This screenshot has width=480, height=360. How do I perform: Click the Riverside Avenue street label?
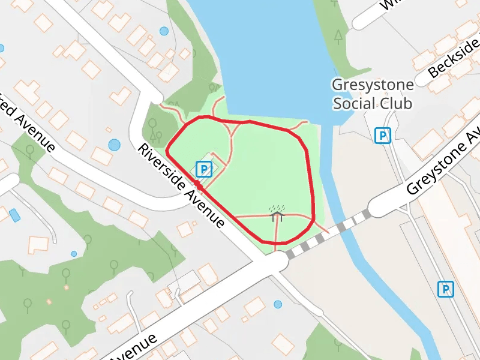181,187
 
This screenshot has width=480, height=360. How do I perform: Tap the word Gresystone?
373,85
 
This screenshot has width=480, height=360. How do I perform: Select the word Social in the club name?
354,103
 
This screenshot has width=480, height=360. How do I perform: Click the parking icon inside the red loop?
204,169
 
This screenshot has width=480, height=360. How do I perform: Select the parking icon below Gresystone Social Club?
382,136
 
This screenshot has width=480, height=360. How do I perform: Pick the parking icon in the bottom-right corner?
445,290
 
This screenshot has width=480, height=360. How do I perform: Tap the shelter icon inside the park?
277,212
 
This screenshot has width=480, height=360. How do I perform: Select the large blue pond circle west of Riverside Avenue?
114,145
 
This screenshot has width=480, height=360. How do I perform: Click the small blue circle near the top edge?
164,31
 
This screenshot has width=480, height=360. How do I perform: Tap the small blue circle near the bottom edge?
278,304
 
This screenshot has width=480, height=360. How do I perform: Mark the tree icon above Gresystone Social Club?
339,37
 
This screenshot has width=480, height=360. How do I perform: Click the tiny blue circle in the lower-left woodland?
74,254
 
